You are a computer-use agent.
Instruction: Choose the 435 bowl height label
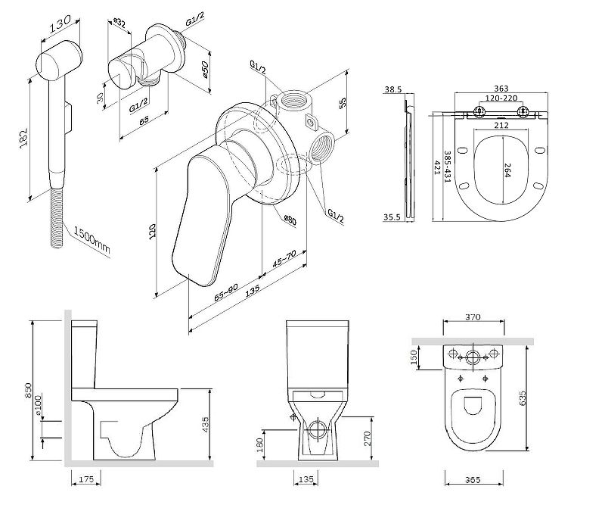coord(206,425)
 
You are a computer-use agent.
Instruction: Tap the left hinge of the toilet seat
coord(479,113)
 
